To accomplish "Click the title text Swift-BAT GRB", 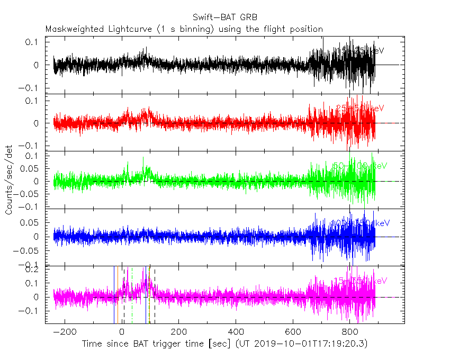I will pyautogui.click(x=224, y=19).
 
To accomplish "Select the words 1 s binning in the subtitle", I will pyautogui.click(x=188, y=29).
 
